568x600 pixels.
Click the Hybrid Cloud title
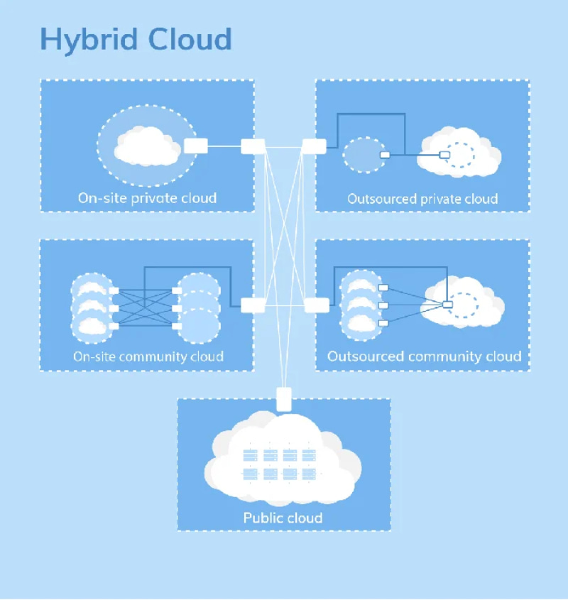(136, 39)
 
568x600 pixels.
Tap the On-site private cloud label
(147, 198)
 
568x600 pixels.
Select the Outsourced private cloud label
(422, 199)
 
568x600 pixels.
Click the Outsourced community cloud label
(424, 356)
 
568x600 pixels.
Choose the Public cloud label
(283, 517)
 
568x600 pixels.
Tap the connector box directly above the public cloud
(284, 400)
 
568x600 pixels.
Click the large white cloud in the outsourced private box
(458, 153)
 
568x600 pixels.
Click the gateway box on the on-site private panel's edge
(253, 146)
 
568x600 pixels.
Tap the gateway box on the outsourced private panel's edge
(314, 146)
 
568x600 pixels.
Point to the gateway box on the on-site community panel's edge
(253, 305)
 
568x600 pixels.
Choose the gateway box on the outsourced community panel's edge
(317, 305)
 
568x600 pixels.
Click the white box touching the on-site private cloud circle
(195, 146)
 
